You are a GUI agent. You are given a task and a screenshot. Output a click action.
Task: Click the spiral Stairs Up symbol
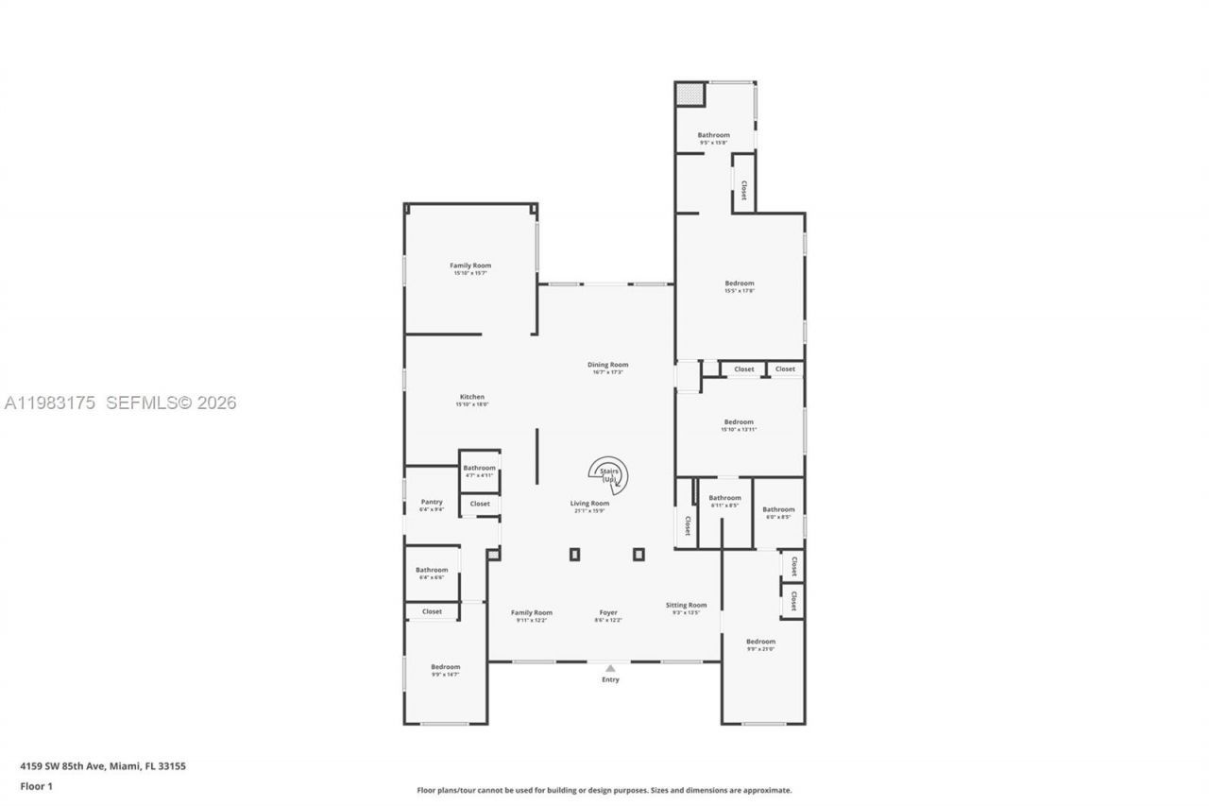tap(609, 475)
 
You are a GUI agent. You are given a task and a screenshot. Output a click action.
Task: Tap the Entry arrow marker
tap(610, 668)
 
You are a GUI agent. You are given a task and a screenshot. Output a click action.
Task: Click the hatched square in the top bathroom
tap(690, 94)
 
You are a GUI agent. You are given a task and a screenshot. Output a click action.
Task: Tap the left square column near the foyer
tap(574, 555)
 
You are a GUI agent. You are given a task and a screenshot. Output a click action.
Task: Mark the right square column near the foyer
tap(639, 555)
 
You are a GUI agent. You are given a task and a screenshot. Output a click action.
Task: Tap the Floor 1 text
tap(37, 785)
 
